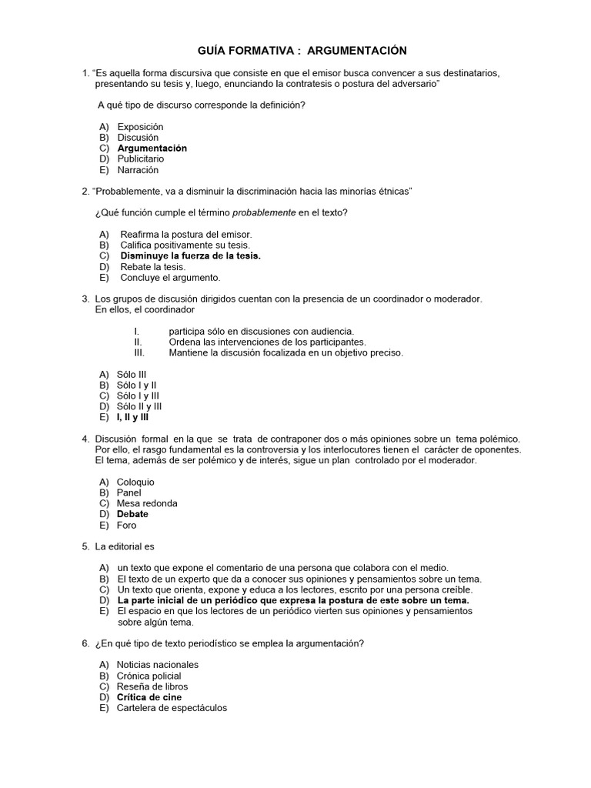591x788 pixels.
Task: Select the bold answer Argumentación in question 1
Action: [152, 148]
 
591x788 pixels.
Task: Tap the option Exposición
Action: [140, 126]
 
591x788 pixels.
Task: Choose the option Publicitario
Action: [140, 159]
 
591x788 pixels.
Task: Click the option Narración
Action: [138, 170]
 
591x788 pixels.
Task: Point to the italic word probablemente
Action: [264, 212]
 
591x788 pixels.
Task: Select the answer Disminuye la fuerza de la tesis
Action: [190, 255]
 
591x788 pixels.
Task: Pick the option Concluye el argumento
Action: [170, 277]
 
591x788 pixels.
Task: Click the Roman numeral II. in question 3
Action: [139, 342]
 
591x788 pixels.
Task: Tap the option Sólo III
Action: [131, 374]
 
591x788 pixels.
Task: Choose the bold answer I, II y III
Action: [132, 417]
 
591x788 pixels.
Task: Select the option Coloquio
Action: [135, 482]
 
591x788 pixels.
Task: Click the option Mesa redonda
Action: [146, 503]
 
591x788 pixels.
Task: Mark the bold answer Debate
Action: [132, 514]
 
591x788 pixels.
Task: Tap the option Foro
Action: [126, 525]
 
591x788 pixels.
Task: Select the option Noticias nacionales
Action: [157, 664]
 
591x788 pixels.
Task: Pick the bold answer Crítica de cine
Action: [149, 697]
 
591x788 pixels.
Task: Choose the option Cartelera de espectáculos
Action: [172, 708]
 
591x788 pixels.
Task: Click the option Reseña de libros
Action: [152, 686]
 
